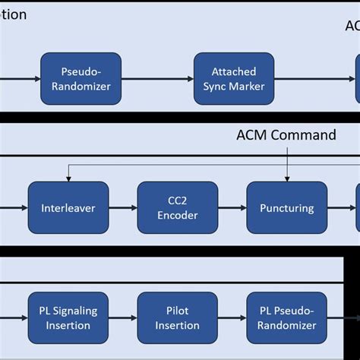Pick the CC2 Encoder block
click(177, 207)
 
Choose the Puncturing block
click(286, 207)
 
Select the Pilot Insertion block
click(177, 317)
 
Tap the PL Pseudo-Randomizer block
click(286, 317)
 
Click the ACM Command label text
click(286, 135)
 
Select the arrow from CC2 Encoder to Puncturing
click(230, 207)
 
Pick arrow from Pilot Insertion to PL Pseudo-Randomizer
click(230, 317)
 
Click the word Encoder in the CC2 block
click(177, 215)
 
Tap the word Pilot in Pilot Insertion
click(177, 311)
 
